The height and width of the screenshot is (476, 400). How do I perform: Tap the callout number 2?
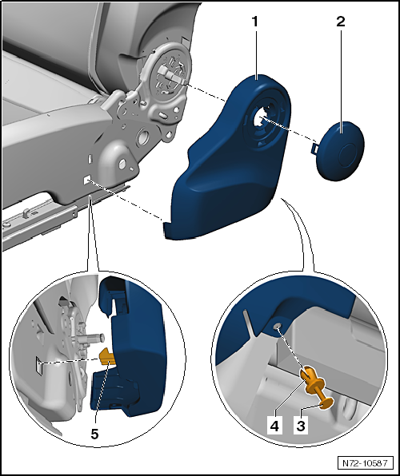pyautogui.click(x=341, y=22)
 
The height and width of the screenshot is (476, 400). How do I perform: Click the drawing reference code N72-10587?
pyautogui.click(x=365, y=462)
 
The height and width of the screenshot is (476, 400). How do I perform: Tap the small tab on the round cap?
pyautogui.click(x=316, y=146)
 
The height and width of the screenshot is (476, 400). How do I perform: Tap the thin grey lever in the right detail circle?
pyautogui.click(x=249, y=323)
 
